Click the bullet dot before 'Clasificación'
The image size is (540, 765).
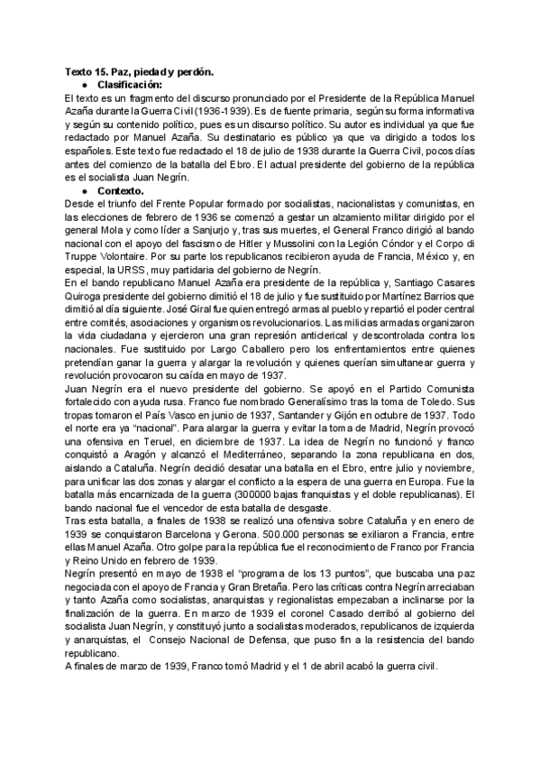[84, 83]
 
